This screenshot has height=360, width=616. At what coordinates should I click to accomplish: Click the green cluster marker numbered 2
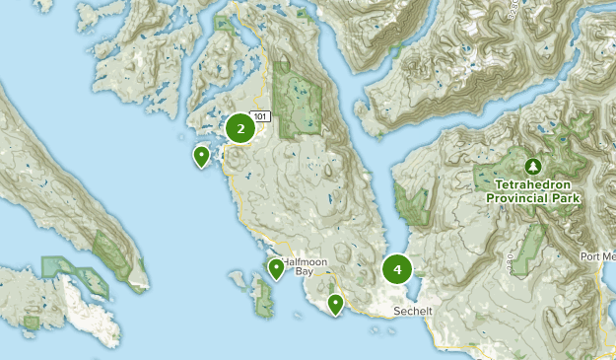240,128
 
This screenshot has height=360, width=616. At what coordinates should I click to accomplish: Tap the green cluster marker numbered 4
397,268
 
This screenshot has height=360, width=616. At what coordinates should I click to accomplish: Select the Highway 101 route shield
261,116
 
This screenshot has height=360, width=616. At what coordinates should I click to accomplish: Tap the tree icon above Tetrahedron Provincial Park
533,166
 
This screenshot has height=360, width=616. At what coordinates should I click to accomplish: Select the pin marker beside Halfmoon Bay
276,268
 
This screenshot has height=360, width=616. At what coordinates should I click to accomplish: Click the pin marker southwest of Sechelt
336,304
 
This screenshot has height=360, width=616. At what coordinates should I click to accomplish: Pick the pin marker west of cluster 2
202,156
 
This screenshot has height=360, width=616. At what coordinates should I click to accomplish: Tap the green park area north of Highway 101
298,94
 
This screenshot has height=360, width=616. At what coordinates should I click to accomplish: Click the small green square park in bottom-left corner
32,322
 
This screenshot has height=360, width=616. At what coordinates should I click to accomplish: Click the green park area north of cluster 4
411,204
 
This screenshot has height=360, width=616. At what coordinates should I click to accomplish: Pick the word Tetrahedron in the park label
533,184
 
